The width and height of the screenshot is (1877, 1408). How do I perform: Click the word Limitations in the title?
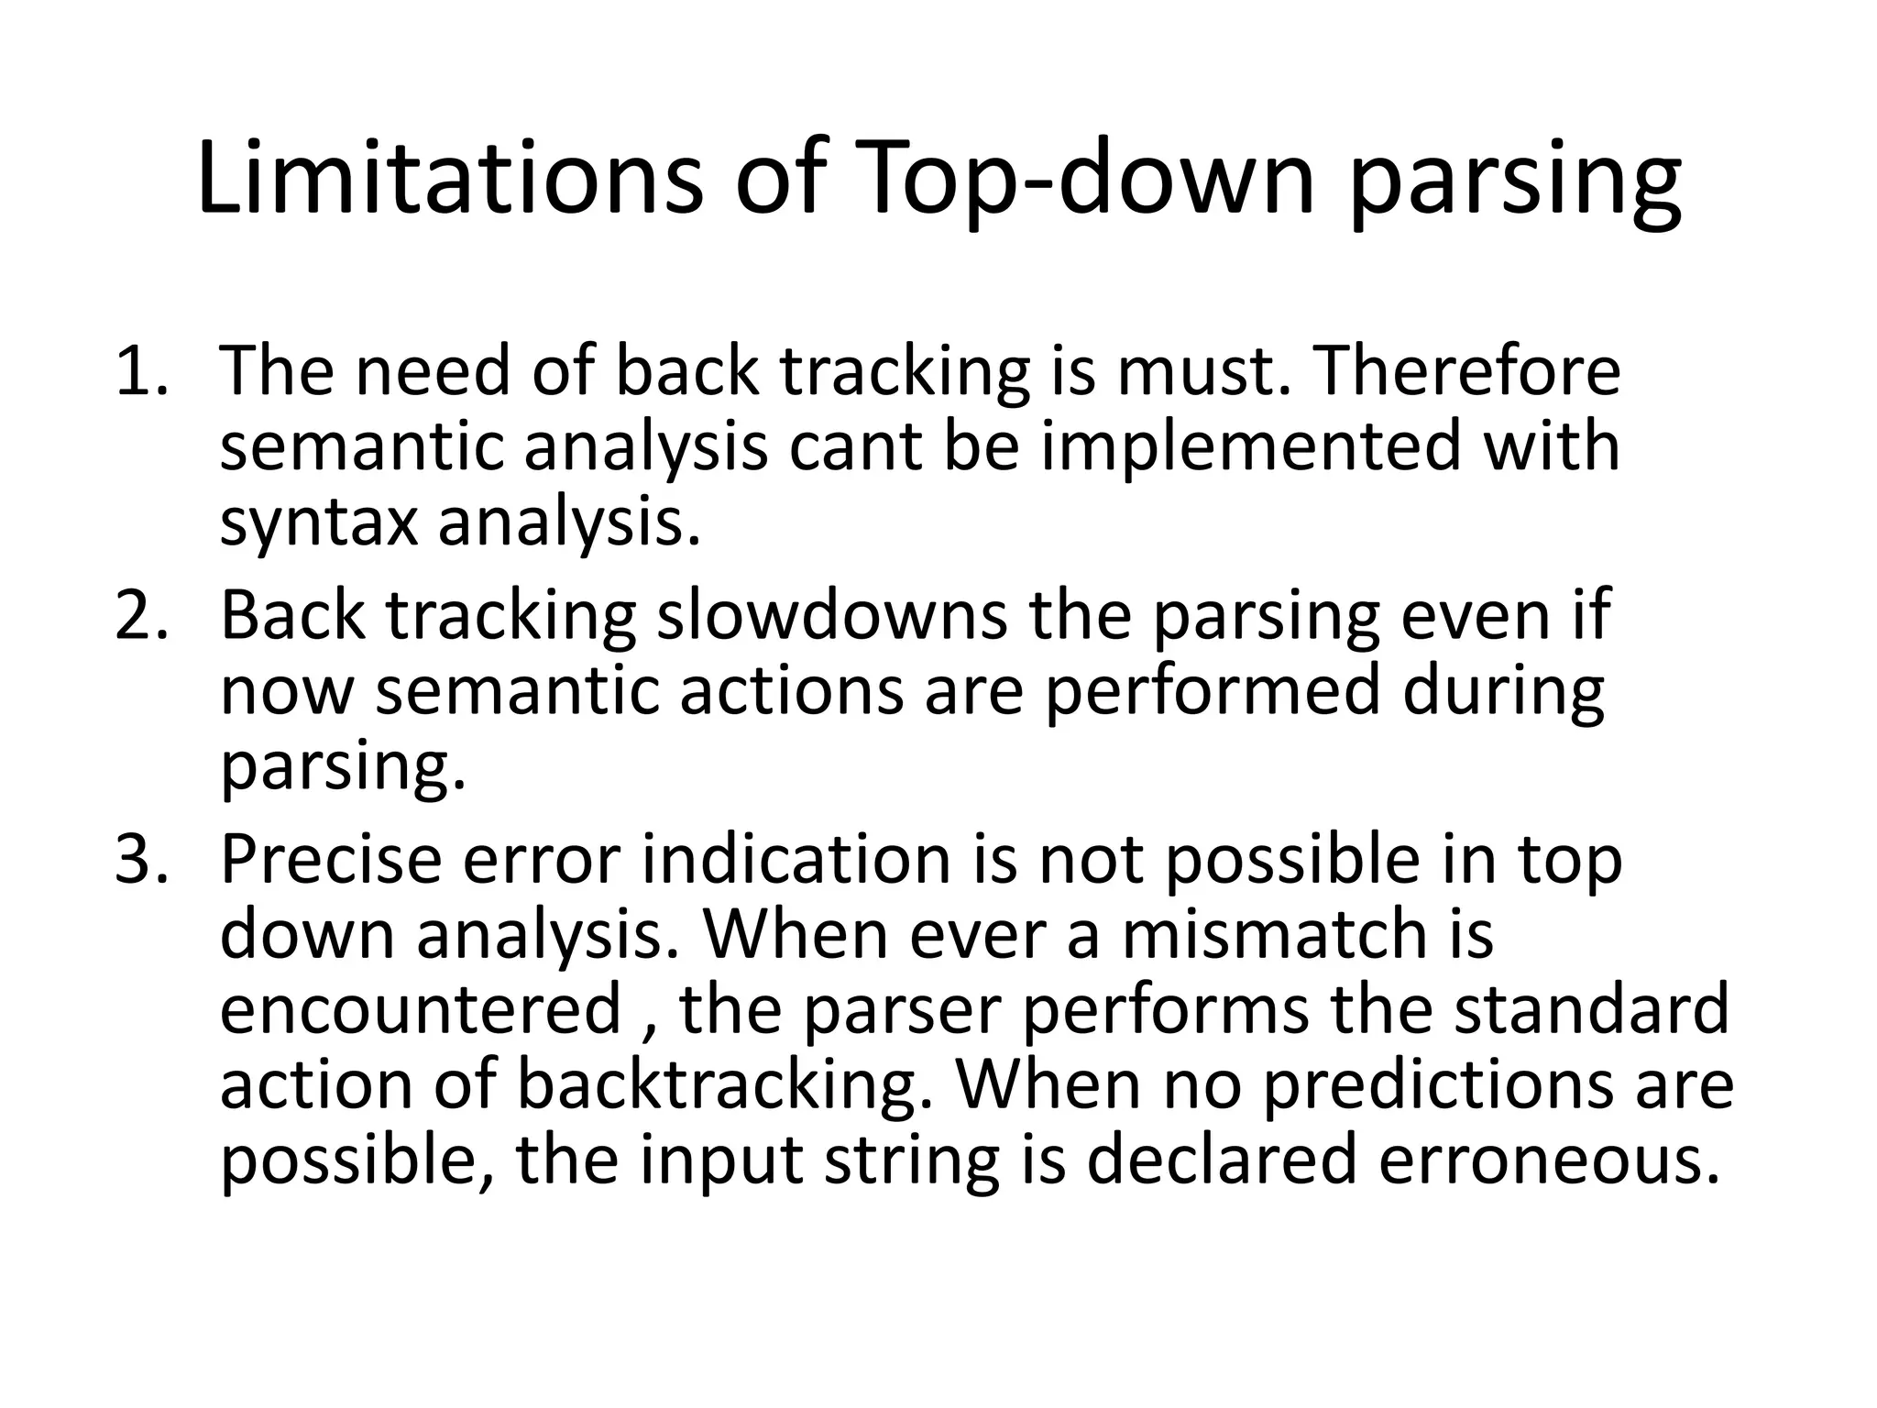449,179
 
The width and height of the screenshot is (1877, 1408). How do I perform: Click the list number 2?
140,615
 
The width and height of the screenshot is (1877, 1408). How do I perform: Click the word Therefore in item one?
1456,371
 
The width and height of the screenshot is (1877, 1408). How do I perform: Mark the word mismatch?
1274,935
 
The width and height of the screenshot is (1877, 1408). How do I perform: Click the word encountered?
422,1009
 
